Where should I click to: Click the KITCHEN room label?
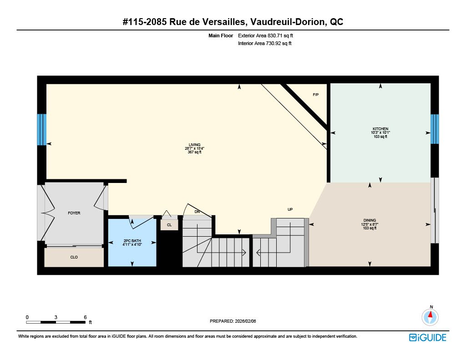click(x=380, y=129)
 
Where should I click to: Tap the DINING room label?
click(x=370, y=220)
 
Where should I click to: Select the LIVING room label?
click(x=195, y=145)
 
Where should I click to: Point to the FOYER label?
click(x=74, y=213)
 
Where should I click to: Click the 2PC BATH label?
click(x=132, y=241)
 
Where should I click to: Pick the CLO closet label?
click(x=74, y=257)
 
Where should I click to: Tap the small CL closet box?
click(x=169, y=225)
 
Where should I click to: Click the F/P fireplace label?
click(x=316, y=95)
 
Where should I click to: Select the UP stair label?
click(x=290, y=209)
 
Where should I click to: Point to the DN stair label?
click(x=197, y=212)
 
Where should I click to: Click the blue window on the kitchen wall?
click(x=435, y=129)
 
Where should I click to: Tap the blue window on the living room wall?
click(x=41, y=129)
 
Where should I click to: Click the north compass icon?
click(x=430, y=317)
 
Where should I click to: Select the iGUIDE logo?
click(x=428, y=338)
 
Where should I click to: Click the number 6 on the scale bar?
click(x=85, y=317)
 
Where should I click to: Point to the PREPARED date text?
click(x=233, y=321)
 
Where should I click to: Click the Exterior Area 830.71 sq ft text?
click(x=265, y=35)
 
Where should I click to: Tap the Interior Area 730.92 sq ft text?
click(x=264, y=43)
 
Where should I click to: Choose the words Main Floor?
click(x=221, y=35)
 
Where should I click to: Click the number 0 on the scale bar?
click(x=27, y=317)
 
